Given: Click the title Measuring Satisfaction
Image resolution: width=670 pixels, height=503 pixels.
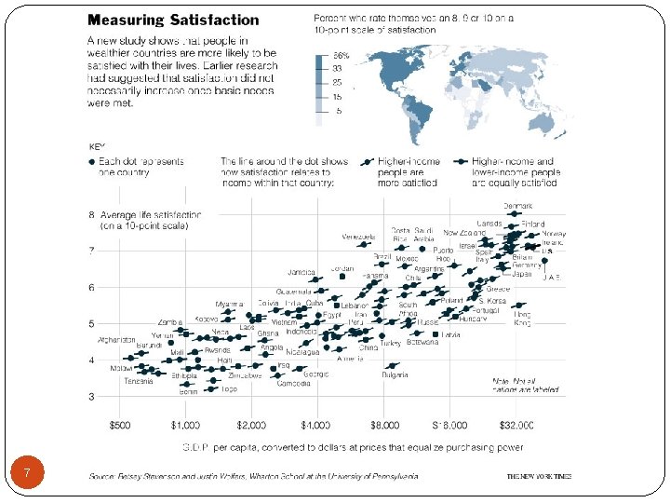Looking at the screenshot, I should pyautogui.click(x=173, y=20).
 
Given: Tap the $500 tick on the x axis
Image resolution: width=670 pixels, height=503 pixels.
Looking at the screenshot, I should pyautogui.click(x=121, y=425).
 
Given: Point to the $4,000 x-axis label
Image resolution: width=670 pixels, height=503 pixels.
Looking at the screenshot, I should pyautogui.click(x=317, y=425).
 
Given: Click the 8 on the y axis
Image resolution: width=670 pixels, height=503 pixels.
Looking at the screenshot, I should pyautogui.click(x=91, y=213).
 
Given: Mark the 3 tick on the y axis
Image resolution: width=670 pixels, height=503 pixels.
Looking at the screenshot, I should pyautogui.click(x=91, y=398).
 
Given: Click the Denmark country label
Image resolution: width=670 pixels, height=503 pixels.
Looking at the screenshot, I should pyautogui.click(x=518, y=206).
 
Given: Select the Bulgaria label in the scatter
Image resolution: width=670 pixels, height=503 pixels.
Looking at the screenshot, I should pyautogui.click(x=395, y=375).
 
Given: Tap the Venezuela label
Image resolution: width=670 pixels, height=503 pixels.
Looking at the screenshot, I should pyautogui.click(x=358, y=236).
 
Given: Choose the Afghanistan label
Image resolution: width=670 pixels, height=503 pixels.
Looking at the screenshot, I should pyautogui.click(x=116, y=339).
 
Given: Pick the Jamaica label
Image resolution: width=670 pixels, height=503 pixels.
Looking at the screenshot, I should pyautogui.click(x=301, y=271).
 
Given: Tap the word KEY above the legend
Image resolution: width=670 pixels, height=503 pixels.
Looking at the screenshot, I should pyautogui.click(x=97, y=146).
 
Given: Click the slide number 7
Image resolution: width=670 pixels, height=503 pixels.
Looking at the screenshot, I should pyautogui.click(x=28, y=475).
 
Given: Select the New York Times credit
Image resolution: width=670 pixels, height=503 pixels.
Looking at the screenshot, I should pyautogui.click(x=539, y=476).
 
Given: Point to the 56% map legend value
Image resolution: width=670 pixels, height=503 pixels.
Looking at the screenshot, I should pyautogui.click(x=341, y=56).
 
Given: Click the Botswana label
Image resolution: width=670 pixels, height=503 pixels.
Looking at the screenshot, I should pyautogui.click(x=422, y=342).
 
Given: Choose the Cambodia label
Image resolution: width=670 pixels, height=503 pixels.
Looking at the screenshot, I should pyautogui.click(x=293, y=384).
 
